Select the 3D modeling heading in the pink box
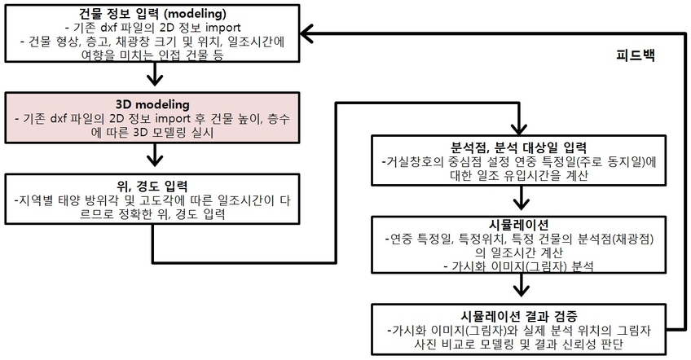[152, 104]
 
